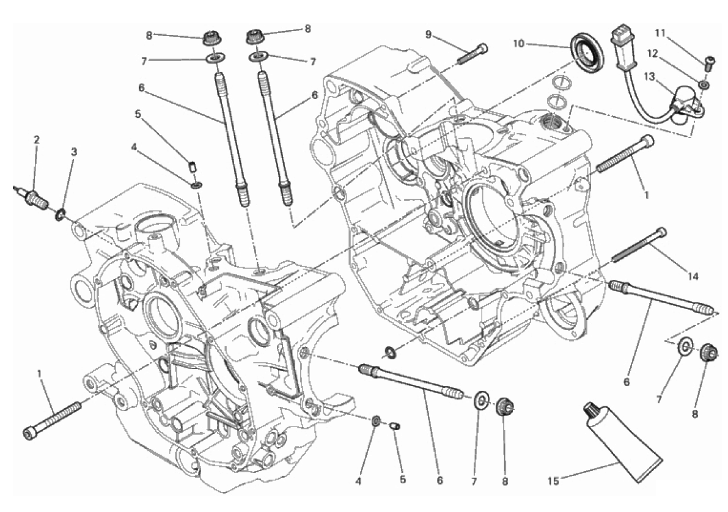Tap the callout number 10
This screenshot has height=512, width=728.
518,43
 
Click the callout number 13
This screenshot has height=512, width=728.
650,76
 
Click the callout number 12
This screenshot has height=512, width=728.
652,54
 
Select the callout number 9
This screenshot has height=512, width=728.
428,34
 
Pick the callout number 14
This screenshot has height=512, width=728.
693,277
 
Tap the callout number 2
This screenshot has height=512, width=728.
36,139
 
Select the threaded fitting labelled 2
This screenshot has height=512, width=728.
31,196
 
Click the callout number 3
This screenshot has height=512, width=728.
73,152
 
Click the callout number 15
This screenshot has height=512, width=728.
553,481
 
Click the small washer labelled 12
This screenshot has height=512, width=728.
704,84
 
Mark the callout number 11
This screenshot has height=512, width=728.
660,33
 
